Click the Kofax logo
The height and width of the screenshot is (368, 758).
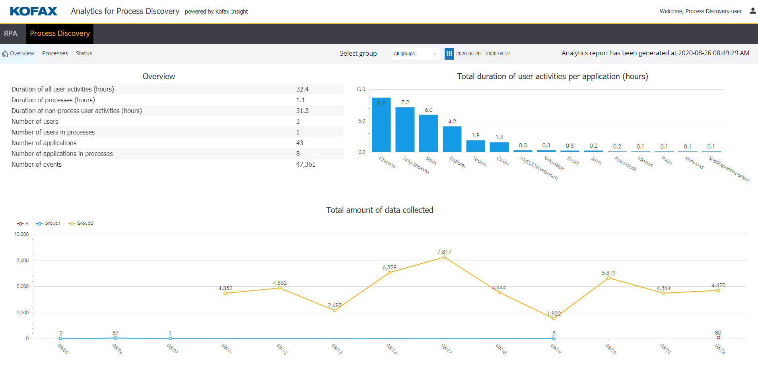pyautogui.click(x=33, y=11)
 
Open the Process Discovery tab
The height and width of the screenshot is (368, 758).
pyautogui.click(x=60, y=33)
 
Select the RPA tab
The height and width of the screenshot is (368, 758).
pyautogui.click(x=11, y=33)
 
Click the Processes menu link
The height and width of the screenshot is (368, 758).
pyautogui.click(x=55, y=53)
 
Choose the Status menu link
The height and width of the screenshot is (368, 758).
pyautogui.click(x=84, y=53)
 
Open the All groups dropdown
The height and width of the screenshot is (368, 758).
pyautogui.click(x=415, y=54)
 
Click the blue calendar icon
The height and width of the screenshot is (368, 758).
pyautogui.click(x=449, y=54)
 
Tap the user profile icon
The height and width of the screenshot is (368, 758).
pyautogui.click(x=752, y=11)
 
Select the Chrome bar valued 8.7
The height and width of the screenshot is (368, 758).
pyautogui.click(x=381, y=125)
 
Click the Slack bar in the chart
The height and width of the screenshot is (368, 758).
pyautogui.click(x=428, y=134)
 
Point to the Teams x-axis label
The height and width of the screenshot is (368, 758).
pyautogui.click(x=480, y=161)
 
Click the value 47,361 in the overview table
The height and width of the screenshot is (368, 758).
pyautogui.click(x=305, y=164)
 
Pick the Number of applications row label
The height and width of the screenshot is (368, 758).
pyautogui.click(x=44, y=143)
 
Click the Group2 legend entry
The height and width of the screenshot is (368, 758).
pyautogui.click(x=81, y=224)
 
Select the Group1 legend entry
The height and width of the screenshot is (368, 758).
pyautogui.click(x=48, y=224)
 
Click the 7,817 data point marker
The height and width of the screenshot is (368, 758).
pyautogui.click(x=444, y=257)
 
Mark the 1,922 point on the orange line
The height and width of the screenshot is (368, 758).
pyautogui.click(x=554, y=318)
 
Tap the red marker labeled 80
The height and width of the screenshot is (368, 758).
pyautogui.click(x=718, y=338)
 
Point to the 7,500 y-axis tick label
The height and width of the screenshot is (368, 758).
pyautogui.click(x=23, y=261)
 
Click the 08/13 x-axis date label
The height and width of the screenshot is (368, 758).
pyautogui.click(x=336, y=349)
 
